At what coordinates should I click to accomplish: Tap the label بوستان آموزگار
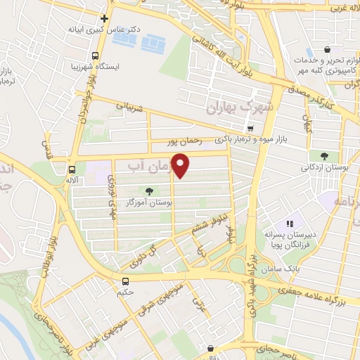pos(150,201)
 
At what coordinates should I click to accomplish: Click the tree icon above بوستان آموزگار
pos(148,191)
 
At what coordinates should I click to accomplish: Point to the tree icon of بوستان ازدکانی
pos(324,156)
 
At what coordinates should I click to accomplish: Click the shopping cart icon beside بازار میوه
pos(251,127)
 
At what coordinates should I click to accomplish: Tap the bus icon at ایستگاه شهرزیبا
pos(96,56)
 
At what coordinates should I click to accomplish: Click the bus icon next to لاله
pos(72,169)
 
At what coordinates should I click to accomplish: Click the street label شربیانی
pos(132,108)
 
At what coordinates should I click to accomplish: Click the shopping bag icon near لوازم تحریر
pos(328,50)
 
